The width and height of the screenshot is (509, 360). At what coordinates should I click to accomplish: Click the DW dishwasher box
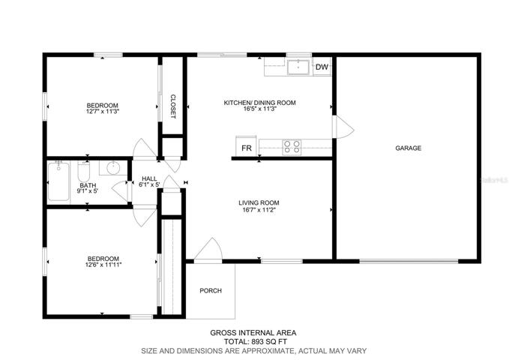pyautogui.click(x=322, y=67)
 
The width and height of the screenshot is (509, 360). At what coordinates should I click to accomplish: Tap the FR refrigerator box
pyautogui.click(x=247, y=146)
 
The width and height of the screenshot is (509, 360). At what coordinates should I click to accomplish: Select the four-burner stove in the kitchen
pyautogui.click(x=292, y=147)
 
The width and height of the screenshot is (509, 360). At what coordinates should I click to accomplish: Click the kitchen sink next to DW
pyautogui.click(x=298, y=67)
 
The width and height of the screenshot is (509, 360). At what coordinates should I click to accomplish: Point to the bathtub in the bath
pyautogui.click(x=58, y=181)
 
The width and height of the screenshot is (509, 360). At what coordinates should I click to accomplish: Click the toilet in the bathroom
pyautogui.click(x=84, y=172)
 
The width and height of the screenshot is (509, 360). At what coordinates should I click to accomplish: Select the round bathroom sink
pyautogui.click(x=113, y=168)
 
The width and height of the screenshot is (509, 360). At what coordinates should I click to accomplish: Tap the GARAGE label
pyautogui.click(x=408, y=148)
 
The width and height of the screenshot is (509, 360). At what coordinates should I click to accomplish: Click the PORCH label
pyautogui.click(x=211, y=290)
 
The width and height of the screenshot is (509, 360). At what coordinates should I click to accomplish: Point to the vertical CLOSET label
pyautogui.click(x=173, y=106)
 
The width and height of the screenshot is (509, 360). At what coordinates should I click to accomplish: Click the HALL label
pyautogui.click(x=149, y=178)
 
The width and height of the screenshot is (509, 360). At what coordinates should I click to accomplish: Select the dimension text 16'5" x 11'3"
pyautogui.click(x=259, y=109)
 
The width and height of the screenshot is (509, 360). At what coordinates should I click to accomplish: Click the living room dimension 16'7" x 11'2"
pyautogui.click(x=259, y=209)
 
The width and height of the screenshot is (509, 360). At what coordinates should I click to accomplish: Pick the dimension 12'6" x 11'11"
pyautogui.click(x=103, y=265)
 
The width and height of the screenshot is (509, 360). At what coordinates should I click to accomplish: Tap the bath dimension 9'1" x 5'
pyautogui.click(x=87, y=191)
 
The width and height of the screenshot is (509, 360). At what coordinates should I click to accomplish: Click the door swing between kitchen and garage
pyautogui.click(x=343, y=127)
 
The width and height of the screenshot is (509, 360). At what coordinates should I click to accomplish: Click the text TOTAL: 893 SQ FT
pyautogui.click(x=256, y=341)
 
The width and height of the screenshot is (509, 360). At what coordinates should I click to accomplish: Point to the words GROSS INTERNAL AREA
pyautogui.click(x=253, y=333)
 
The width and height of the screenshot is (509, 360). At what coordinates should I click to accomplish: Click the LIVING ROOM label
pyautogui.click(x=259, y=202)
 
